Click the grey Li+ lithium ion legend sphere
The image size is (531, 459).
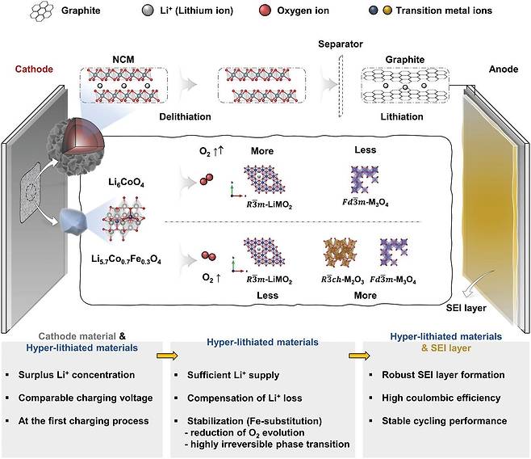point(148,11)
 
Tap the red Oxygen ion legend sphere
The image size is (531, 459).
point(265,11)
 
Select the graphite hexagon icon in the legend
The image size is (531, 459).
point(42,11)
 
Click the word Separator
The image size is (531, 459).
point(341,44)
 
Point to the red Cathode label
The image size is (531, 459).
point(34,69)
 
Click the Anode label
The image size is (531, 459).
point(504,69)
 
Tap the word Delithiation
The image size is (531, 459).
point(186,116)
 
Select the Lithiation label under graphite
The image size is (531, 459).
point(402,116)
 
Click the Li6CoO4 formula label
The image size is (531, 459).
point(127,183)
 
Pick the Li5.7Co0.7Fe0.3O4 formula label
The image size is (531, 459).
point(127,259)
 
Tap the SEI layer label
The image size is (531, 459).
point(466,308)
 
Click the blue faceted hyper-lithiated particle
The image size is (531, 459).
point(73,221)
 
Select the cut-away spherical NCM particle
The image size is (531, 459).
point(76,146)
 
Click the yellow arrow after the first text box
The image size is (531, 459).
point(167,356)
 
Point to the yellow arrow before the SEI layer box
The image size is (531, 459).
point(359,356)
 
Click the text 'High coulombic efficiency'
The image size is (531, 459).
point(441,398)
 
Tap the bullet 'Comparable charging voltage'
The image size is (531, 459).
point(86,398)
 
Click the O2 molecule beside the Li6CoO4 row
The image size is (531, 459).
point(207,179)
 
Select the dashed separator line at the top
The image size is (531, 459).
point(341,86)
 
